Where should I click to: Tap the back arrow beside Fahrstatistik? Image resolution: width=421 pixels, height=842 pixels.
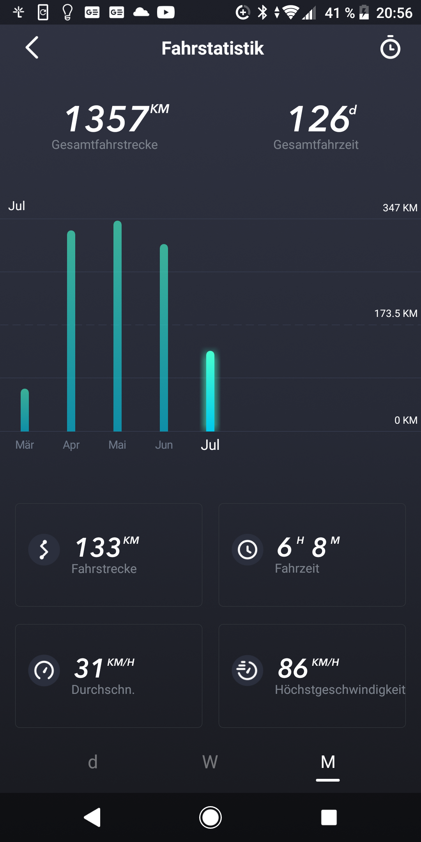click(32, 48)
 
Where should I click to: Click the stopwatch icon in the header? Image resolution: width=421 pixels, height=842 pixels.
click(390, 48)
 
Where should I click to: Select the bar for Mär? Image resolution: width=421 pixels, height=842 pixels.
click(25, 410)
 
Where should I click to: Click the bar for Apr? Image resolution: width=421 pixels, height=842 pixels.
click(71, 331)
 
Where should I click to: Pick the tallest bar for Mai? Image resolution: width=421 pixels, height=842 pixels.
click(117, 326)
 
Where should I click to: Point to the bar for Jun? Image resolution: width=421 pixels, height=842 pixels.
click(164, 338)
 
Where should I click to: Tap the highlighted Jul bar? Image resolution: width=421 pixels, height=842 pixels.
click(210, 391)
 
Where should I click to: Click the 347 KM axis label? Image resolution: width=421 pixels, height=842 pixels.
click(400, 208)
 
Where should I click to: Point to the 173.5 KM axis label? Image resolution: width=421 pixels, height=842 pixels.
click(395, 313)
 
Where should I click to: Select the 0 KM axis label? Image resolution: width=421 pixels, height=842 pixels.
click(405, 420)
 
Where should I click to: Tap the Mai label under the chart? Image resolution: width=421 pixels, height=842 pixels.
click(117, 445)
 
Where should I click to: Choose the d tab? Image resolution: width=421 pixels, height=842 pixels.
click(93, 762)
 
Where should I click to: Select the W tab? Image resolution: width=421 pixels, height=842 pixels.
click(210, 762)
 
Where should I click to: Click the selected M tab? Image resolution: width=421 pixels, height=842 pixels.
click(328, 762)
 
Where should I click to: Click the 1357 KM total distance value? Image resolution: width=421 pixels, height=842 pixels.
click(116, 119)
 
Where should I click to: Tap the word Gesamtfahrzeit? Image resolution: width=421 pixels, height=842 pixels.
click(316, 145)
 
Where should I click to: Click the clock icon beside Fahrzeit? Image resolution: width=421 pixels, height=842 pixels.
click(248, 550)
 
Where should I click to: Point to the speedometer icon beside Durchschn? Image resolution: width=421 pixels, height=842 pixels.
click(44, 670)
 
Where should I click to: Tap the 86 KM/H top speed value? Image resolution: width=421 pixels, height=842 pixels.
click(308, 667)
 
